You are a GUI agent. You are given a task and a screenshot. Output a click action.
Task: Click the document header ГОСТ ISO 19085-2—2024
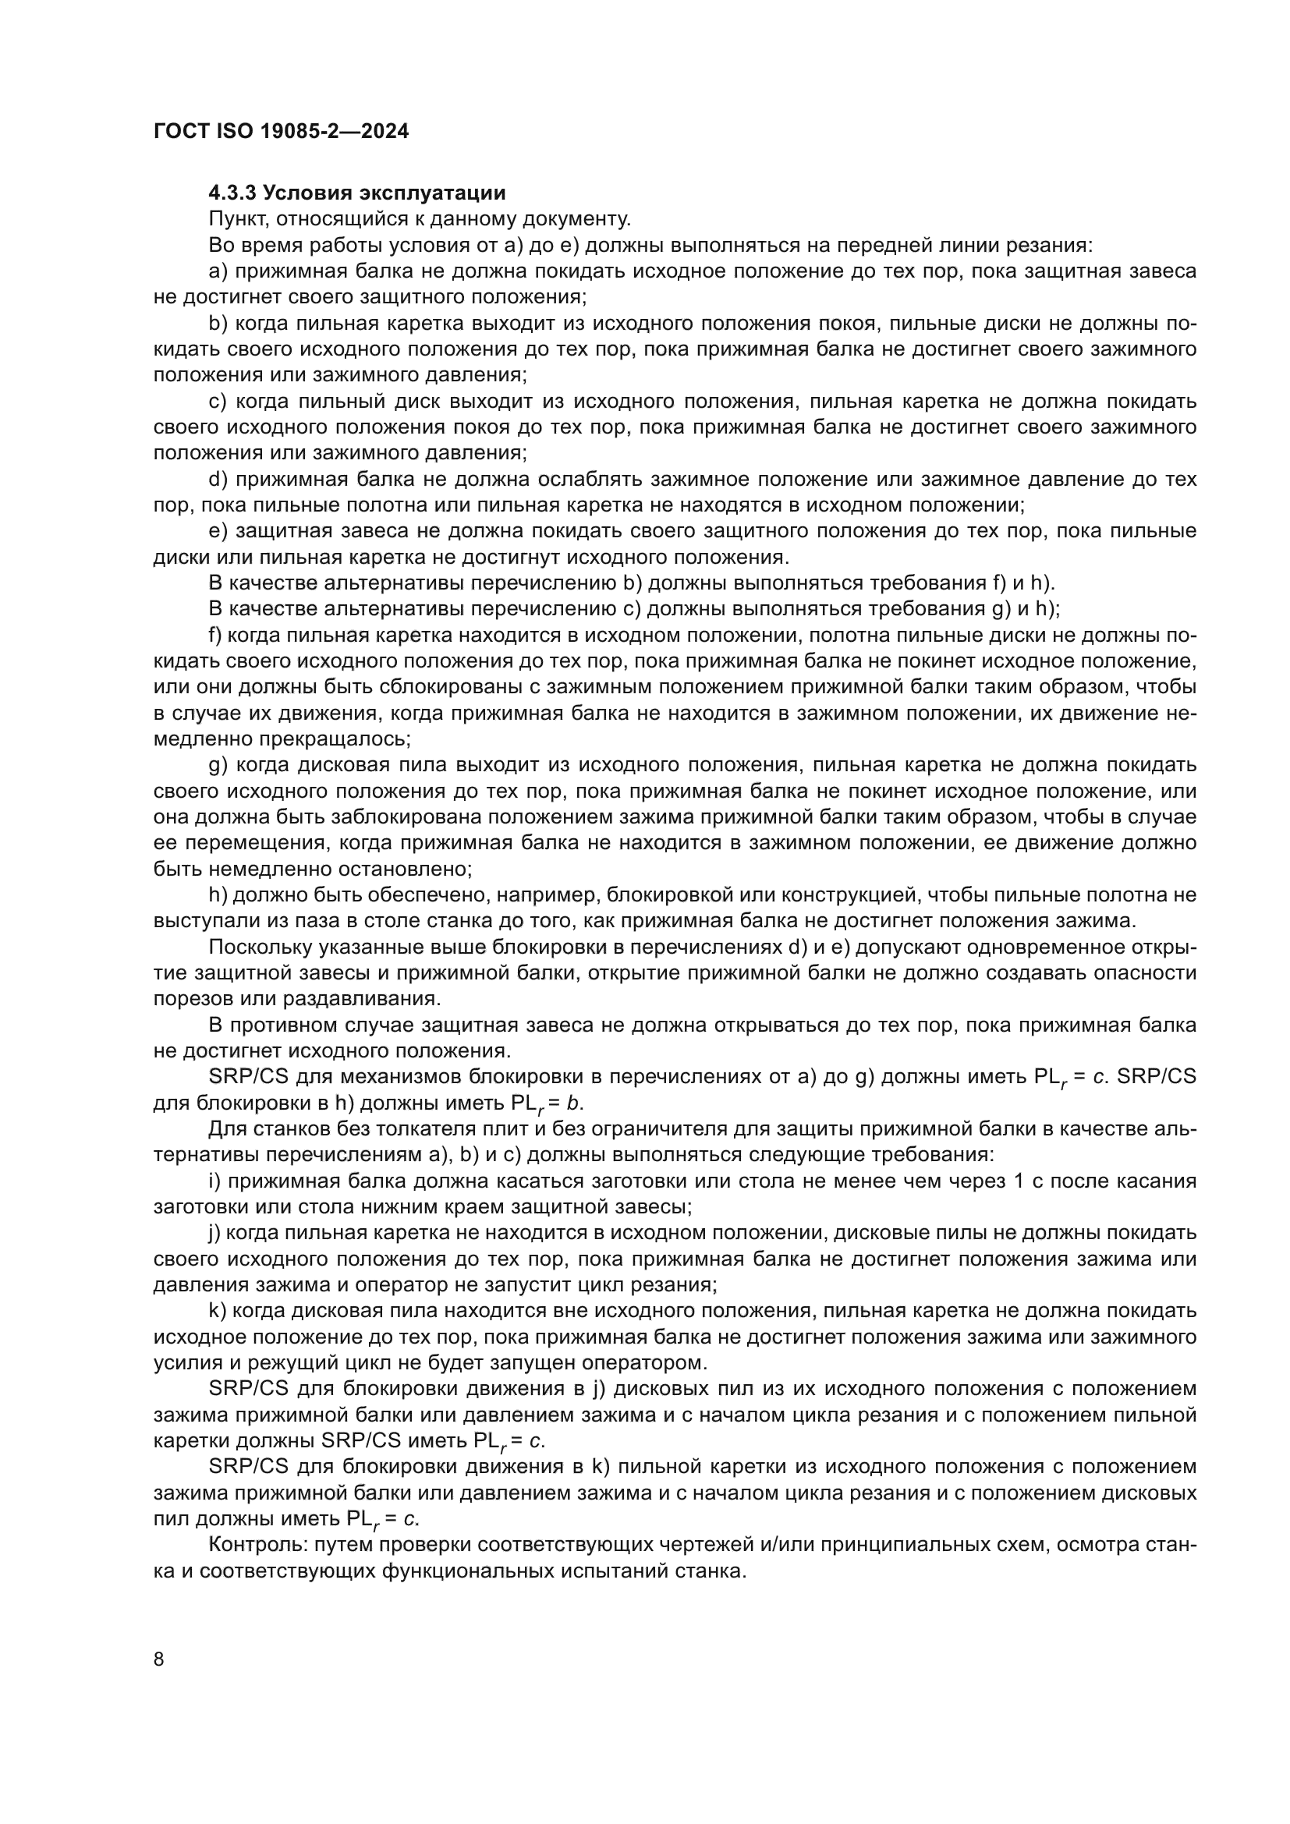[x=282, y=132]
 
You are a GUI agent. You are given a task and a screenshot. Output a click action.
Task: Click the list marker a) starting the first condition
[x=218, y=271]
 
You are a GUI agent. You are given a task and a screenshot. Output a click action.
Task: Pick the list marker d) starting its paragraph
[x=218, y=480]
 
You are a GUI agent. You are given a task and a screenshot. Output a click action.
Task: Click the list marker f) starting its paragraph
[x=215, y=636]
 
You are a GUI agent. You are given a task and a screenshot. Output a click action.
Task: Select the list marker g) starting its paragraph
[x=218, y=766]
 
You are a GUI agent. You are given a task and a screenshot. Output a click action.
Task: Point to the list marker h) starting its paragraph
[x=218, y=895]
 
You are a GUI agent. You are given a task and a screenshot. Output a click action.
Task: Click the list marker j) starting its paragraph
[x=215, y=1233]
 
